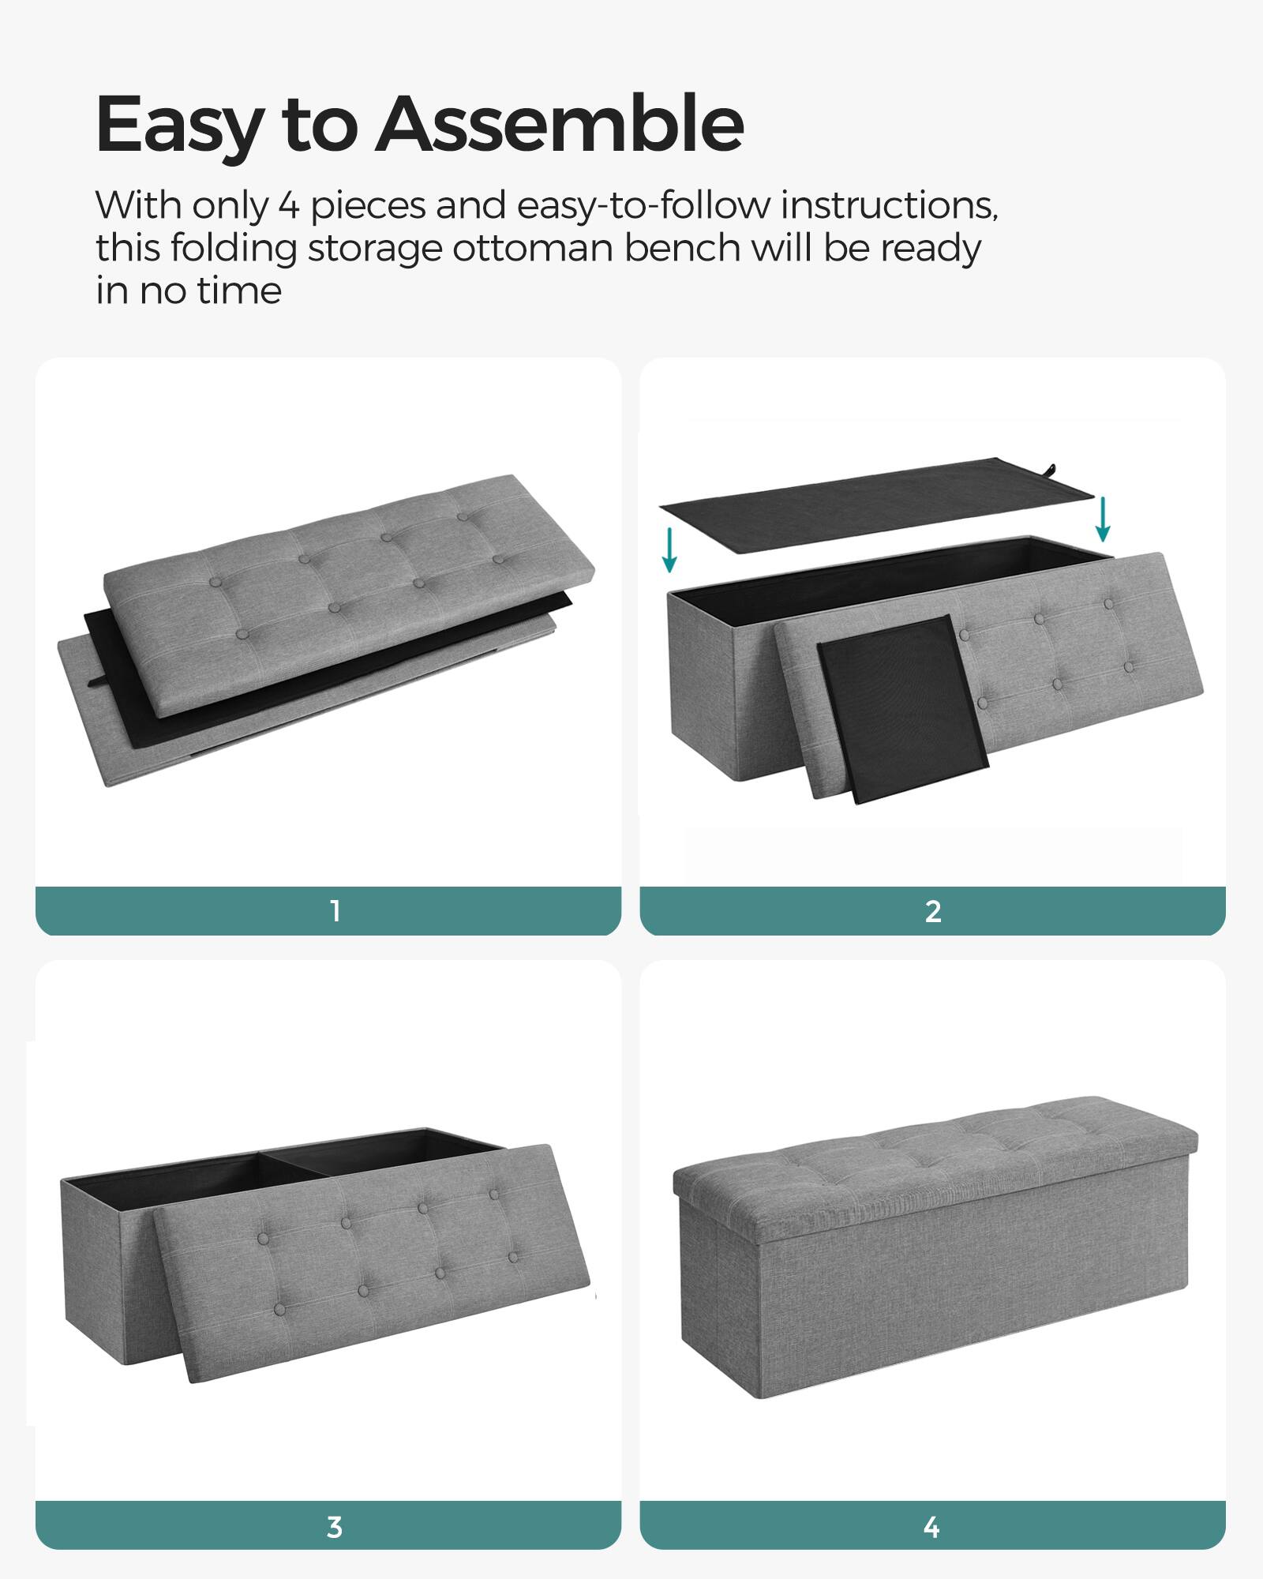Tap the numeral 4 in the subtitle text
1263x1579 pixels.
[x=288, y=206]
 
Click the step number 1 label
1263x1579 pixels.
[x=335, y=911]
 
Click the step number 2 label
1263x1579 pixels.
[x=932, y=911]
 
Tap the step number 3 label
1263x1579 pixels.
[x=335, y=1527]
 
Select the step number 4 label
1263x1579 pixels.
[x=932, y=1527]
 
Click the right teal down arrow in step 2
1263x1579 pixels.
[x=1103, y=519]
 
